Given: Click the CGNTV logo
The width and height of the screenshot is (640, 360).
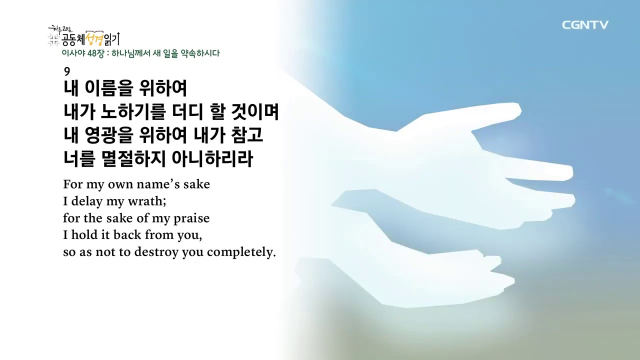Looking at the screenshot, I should tap(585, 25).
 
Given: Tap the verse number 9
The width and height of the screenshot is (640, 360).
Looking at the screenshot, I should tap(67, 72).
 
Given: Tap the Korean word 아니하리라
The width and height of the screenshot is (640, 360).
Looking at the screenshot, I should tap(212, 159).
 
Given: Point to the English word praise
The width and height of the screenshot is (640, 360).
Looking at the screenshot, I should tap(191, 218).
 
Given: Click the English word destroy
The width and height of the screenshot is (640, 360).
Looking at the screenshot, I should tap(156, 252).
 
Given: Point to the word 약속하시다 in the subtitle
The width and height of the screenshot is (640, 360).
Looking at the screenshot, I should tap(200, 53).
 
